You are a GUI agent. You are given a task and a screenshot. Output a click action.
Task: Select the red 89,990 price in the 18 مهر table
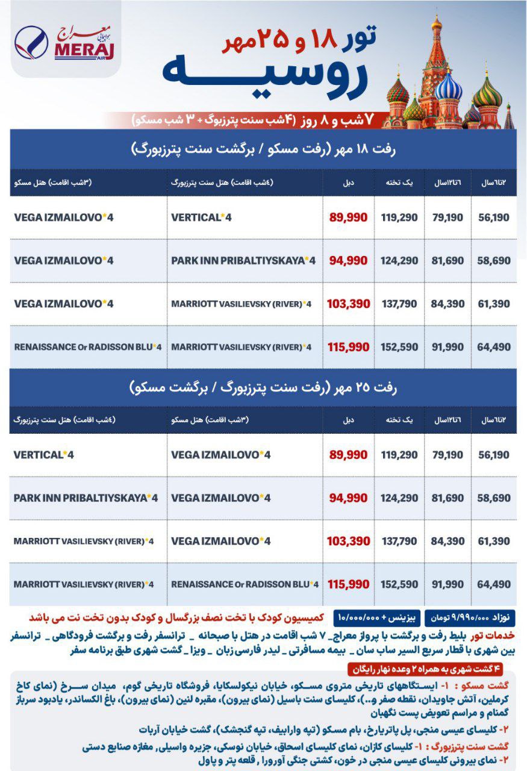[x=349, y=217]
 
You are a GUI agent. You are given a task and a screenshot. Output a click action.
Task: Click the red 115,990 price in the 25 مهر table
[x=349, y=584]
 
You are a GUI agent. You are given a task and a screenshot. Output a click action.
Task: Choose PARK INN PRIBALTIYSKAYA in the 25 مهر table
[x=85, y=498]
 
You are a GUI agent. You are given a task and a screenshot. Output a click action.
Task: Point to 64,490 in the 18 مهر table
[x=493, y=347]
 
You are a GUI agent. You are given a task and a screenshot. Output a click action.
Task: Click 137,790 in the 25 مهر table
[x=399, y=541]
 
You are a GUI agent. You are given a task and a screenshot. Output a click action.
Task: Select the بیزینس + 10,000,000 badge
[x=379, y=618]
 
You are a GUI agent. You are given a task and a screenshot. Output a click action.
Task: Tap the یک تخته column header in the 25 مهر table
[x=399, y=420]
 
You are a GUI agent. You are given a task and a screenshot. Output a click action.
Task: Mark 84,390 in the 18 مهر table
[x=447, y=304]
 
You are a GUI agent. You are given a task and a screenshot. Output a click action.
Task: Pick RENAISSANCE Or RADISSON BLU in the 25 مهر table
[x=245, y=584]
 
